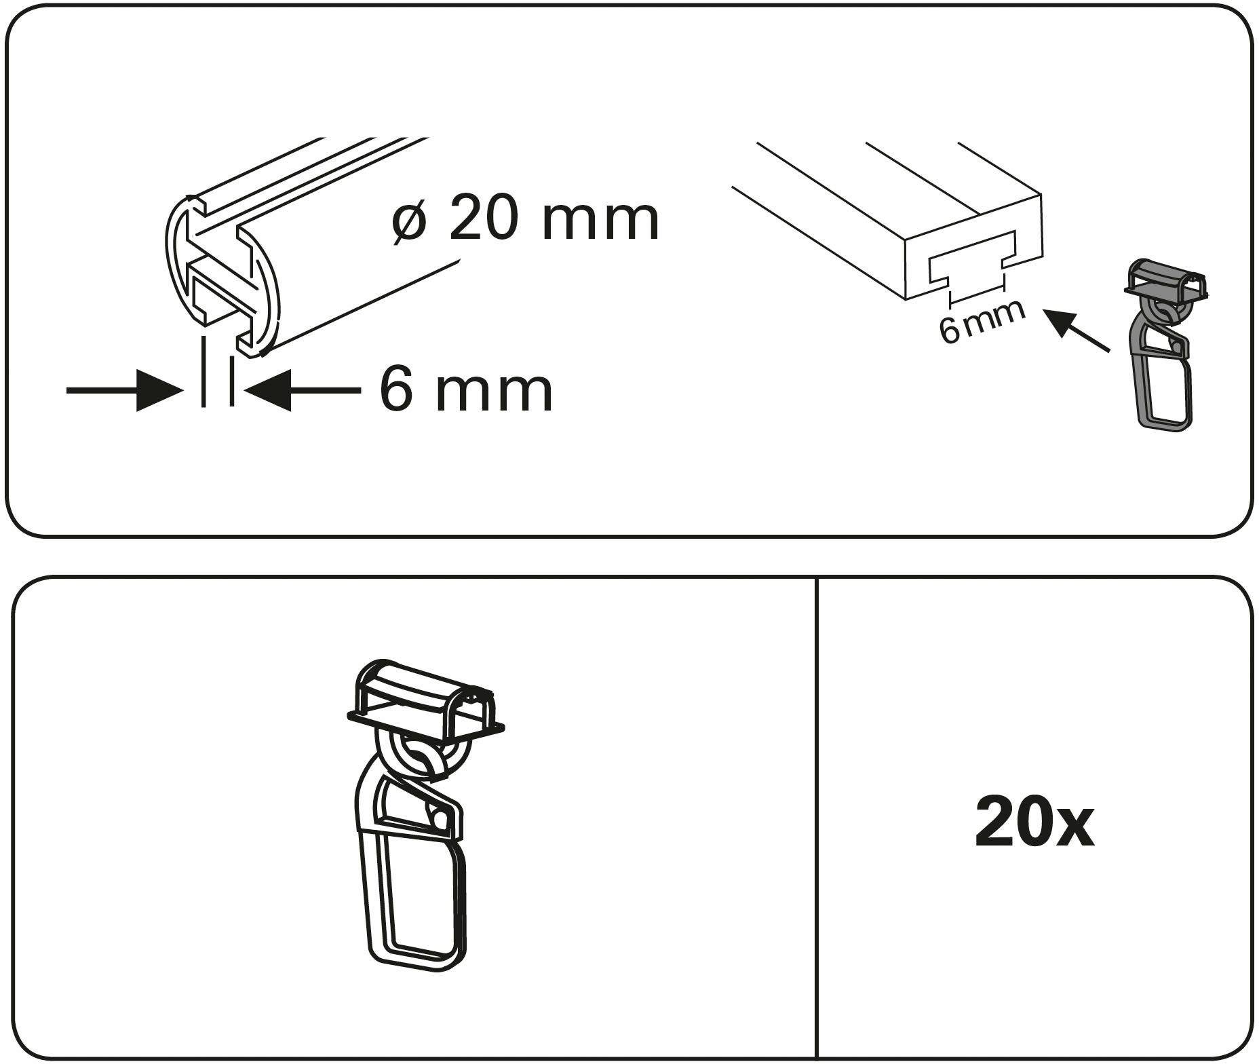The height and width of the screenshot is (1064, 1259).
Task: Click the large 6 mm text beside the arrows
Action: [x=466, y=390]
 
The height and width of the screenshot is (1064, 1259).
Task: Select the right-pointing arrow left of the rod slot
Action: [x=125, y=390]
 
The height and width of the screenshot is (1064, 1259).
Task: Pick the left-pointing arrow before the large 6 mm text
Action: [x=302, y=390]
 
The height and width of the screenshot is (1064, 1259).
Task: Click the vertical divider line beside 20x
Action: [x=817, y=814]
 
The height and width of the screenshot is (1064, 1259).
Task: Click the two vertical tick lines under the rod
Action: [x=218, y=372]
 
